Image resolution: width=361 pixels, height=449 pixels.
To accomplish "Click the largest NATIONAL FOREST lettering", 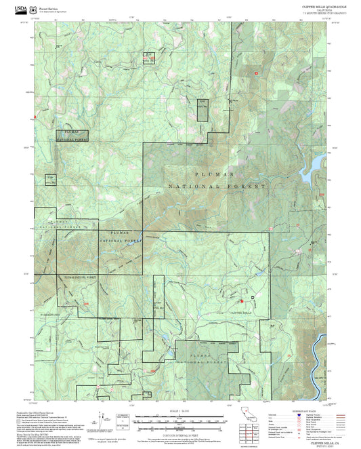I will coord(218,185).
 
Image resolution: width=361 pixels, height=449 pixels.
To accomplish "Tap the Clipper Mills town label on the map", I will coord(242,313).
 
